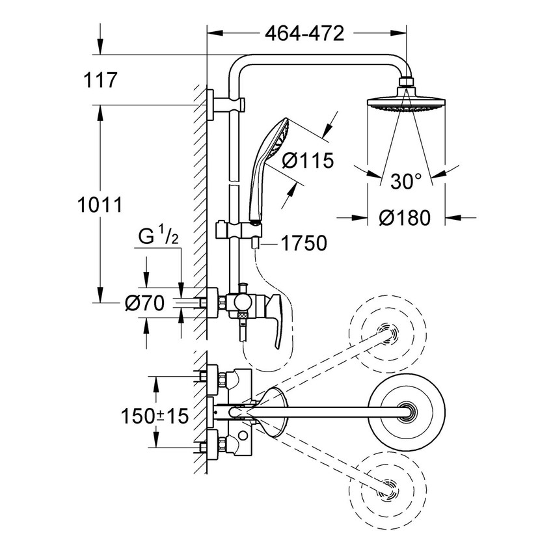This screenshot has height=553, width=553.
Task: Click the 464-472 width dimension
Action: click(304, 33)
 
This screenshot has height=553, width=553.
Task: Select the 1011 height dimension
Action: click(100, 205)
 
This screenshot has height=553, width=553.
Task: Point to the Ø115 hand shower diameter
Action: click(308, 159)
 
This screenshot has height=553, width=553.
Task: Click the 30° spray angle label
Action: click(407, 182)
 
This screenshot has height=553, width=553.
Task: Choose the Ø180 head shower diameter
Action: click(407, 218)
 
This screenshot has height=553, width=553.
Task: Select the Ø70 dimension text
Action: click(146, 303)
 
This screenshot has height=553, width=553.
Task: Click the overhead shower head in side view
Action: click(406, 103)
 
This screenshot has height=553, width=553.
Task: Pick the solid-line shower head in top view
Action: click(408, 409)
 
